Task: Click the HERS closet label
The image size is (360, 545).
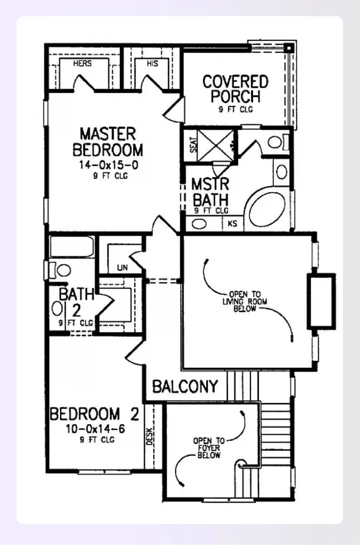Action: (82, 63)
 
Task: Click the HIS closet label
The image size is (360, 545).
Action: (153, 63)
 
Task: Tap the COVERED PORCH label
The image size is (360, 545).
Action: (236, 89)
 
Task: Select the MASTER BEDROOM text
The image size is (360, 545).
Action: (107, 142)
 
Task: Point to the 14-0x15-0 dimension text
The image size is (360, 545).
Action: (108, 165)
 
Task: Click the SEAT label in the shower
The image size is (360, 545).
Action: (194, 145)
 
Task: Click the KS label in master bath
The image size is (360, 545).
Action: (232, 224)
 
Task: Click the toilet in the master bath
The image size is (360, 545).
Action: (278, 142)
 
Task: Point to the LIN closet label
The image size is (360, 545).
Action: (122, 267)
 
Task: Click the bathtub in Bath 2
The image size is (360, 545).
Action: (72, 246)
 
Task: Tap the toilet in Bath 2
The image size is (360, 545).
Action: (60, 270)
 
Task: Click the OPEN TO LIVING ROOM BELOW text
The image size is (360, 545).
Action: (245, 301)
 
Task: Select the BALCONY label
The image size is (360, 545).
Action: (185, 386)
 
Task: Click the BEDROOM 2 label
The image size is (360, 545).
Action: (95, 414)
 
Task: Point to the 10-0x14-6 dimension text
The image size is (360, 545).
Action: (96, 429)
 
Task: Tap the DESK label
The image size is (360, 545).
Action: (149, 436)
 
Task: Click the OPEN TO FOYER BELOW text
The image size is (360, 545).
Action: (209, 448)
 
